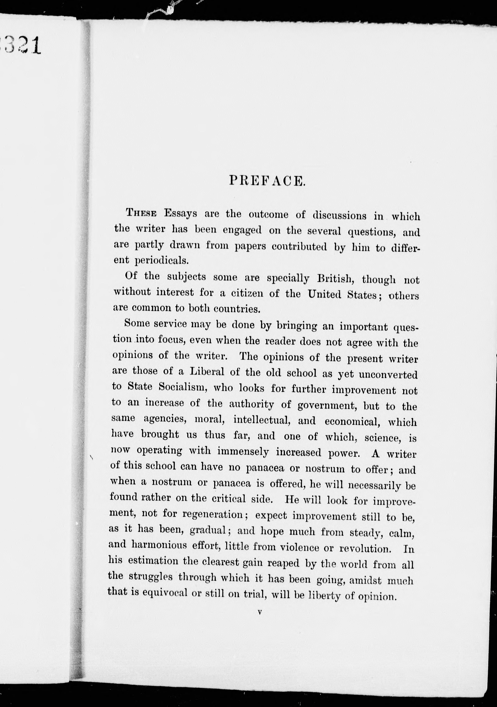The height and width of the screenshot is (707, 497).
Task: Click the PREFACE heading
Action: (267, 181)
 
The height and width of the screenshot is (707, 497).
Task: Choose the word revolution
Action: (365, 549)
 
